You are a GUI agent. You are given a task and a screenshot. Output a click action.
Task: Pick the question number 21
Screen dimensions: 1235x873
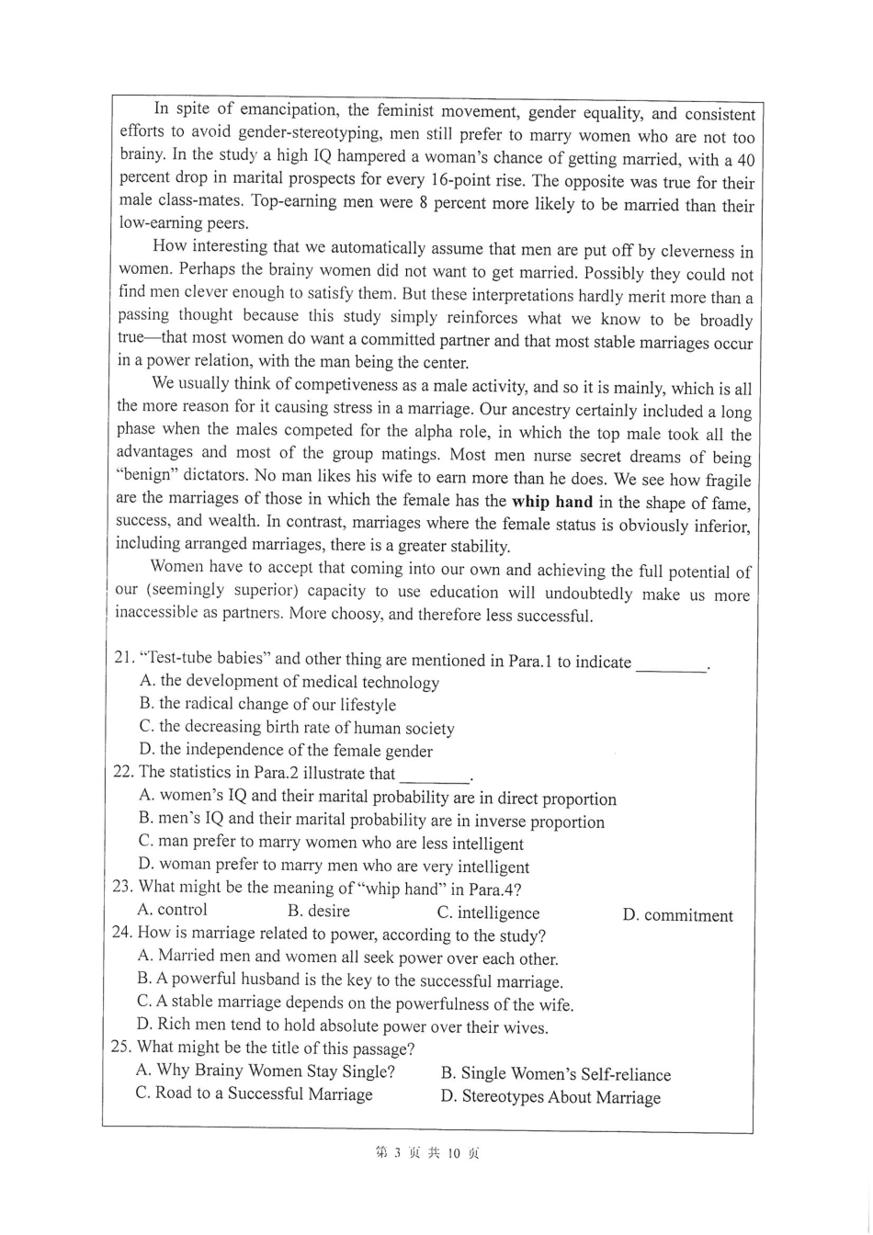tap(124, 659)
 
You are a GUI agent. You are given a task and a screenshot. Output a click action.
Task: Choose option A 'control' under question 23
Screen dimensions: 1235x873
tap(172, 910)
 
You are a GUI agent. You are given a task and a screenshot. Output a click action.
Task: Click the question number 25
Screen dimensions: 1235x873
tap(123, 1048)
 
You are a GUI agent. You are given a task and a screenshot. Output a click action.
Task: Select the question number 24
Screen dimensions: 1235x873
tap(124, 935)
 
